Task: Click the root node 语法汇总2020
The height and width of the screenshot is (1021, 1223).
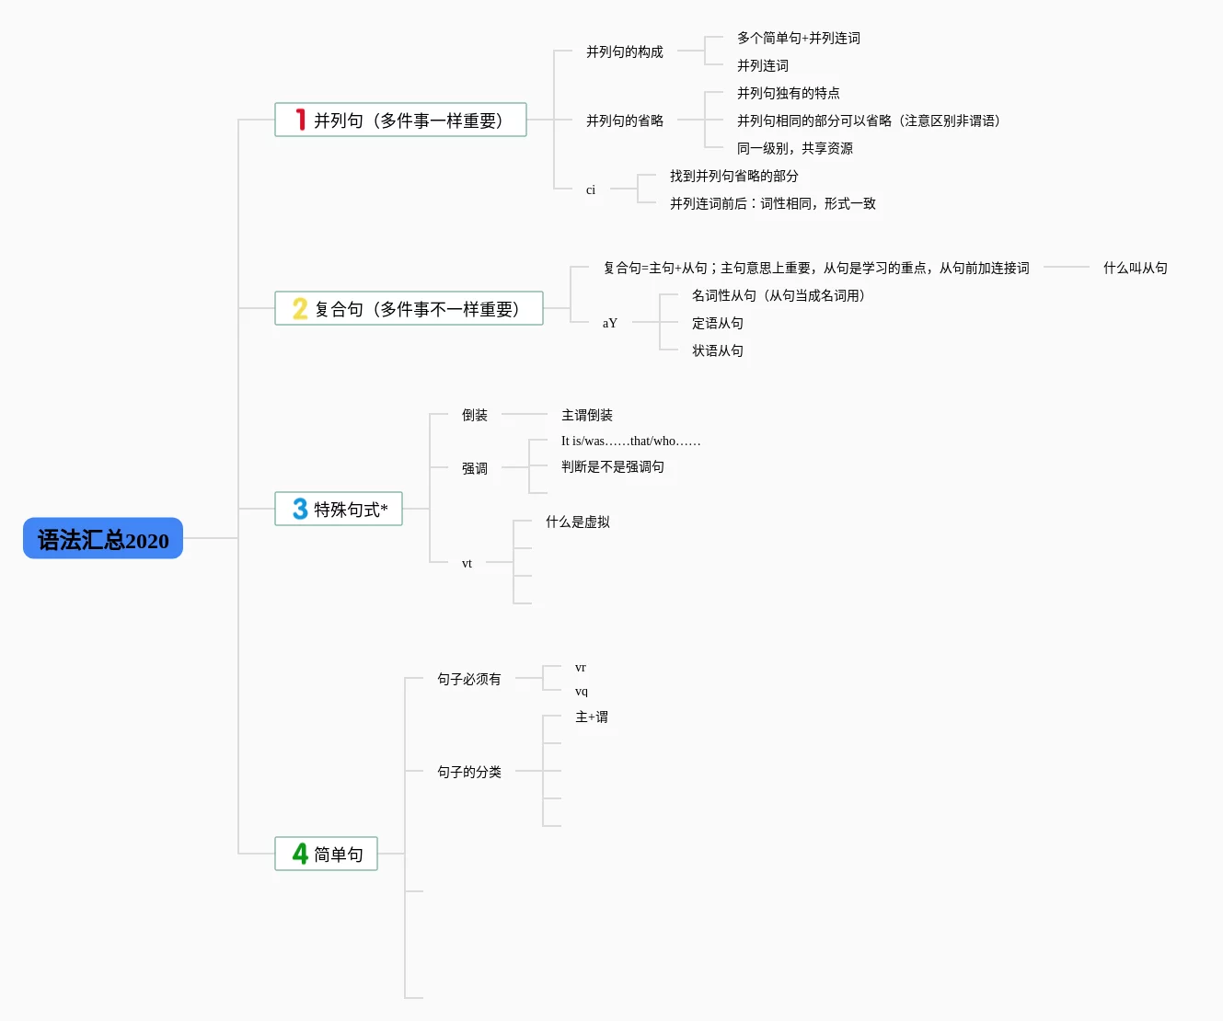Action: coord(103,539)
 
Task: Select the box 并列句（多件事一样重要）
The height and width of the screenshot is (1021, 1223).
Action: coord(400,120)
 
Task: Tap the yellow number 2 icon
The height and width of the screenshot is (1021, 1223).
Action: coord(300,308)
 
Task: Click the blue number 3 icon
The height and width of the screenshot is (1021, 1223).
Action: coord(300,509)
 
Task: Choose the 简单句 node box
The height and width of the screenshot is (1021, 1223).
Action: coord(327,854)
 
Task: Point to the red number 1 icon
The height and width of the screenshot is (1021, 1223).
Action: coord(300,120)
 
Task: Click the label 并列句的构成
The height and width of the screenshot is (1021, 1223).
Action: coord(624,52)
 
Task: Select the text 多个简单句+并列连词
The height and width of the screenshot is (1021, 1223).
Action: coord(798,38)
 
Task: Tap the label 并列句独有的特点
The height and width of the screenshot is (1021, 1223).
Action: coord(788,93)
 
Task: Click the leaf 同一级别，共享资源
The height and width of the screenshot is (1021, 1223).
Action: coord(794,148)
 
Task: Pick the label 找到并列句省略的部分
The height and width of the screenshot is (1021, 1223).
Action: coord(733,176)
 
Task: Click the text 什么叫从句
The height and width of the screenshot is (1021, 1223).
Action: coord(1135,268)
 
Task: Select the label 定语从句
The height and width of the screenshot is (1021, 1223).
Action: coord(717,323)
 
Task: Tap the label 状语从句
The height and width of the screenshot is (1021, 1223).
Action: coord(717,350)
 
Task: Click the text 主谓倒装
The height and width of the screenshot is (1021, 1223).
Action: coord(586,415)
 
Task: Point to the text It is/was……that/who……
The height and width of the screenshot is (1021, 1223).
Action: coord(630,442)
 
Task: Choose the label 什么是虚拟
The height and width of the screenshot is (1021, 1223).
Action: coord(577,522)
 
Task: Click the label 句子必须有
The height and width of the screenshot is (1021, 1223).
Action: coord(468,679)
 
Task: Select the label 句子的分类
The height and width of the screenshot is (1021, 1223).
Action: coord(468,772)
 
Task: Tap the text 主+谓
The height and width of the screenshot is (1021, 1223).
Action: coord(591,717)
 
